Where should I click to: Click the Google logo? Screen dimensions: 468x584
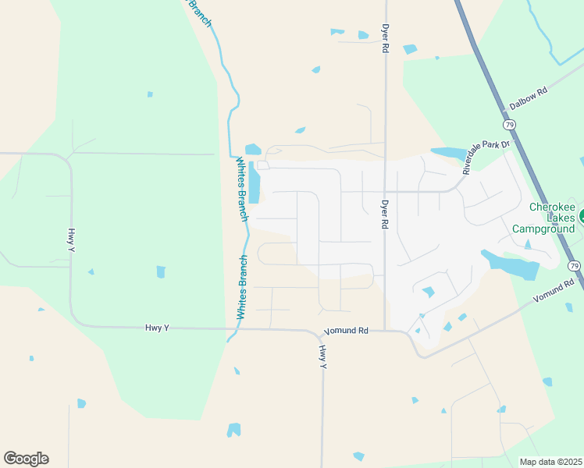(x=26, y=458)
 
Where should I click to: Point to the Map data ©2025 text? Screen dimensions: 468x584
(x=550, y=462)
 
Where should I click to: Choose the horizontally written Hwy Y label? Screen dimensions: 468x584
(x=157, y=328)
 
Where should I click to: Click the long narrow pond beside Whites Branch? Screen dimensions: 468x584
(x=255, y=184)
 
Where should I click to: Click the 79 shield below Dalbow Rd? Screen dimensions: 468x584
(x=509, y=125)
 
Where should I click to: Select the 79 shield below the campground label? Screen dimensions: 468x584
(x=575, y=266)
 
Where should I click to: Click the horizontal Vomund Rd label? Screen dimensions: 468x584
(x=346, y=331)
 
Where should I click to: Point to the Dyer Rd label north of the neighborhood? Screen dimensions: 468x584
(x=385, y=37)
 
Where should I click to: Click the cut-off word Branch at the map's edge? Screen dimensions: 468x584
(x=198, y=12)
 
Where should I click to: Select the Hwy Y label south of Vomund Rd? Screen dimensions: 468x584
(x=322, y=356)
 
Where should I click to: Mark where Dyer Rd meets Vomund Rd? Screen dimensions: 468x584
(x=385, y=330)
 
